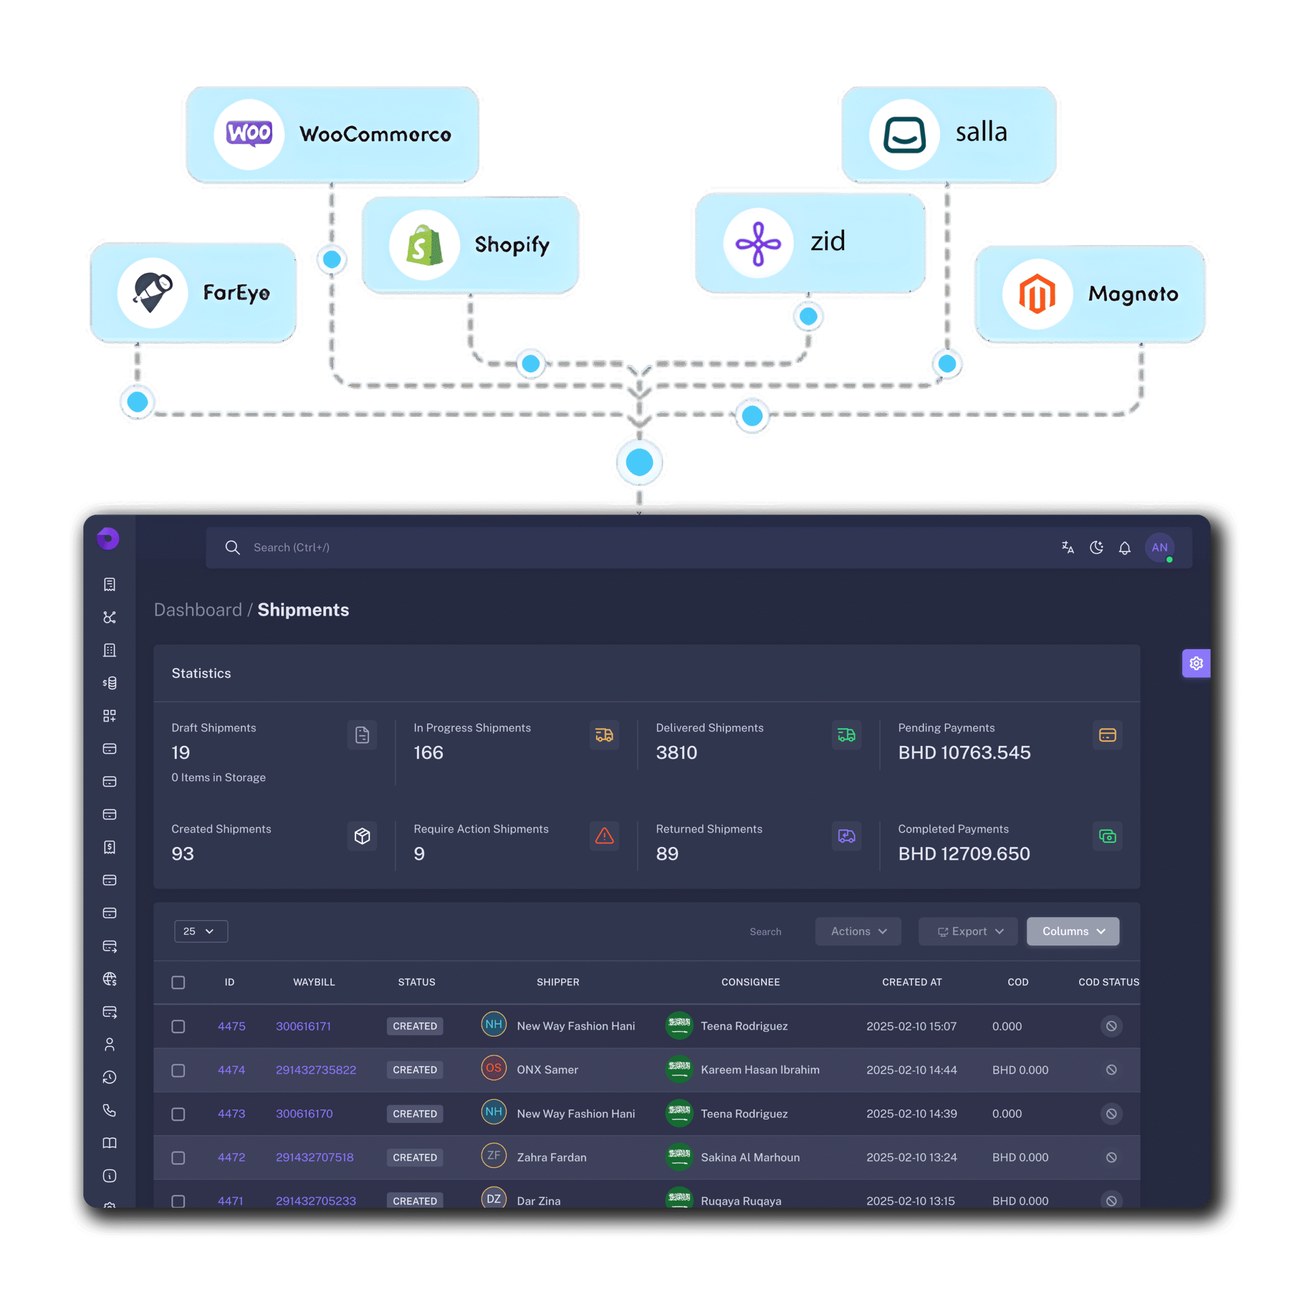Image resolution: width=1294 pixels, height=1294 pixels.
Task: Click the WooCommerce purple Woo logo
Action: click(x=249, y=134)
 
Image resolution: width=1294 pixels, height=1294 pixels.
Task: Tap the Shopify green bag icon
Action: click(x=424, y=245)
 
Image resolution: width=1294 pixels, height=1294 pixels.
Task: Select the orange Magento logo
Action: click(x=1037, y=294)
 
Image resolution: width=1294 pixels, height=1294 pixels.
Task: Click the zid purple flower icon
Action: click(x=758, y=243)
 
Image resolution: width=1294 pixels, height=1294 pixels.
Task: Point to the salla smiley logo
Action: click(x=904, y=134)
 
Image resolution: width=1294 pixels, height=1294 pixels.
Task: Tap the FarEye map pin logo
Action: click(x=153, y=292)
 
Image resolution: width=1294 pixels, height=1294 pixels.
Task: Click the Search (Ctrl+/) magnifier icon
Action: click(x=233, y=548)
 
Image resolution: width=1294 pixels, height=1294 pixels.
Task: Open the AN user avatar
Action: click(x=1160, y=548)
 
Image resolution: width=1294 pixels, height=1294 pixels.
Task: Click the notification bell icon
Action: click(x=1125, y=548)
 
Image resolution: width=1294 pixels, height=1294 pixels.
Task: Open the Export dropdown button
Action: click(x=968, y=932)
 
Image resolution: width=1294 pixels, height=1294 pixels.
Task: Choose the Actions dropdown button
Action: click(x=858, y=932)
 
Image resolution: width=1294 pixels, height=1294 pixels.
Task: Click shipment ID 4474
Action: click(x=231, y=1070)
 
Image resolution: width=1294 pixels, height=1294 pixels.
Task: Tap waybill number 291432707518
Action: click(x=315, y=1158)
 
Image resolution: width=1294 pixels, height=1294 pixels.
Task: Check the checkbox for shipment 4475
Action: click(x=178, y=1027)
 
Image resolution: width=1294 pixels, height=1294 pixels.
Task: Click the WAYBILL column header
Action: click(x=314, y=983)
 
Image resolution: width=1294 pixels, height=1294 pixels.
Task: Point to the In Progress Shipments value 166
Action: click(x=429, y=753)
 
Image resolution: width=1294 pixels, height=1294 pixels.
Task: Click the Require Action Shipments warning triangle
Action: click(x=604, y=836)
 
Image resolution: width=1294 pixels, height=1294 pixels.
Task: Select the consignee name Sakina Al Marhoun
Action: click(x=750, y=1158)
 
